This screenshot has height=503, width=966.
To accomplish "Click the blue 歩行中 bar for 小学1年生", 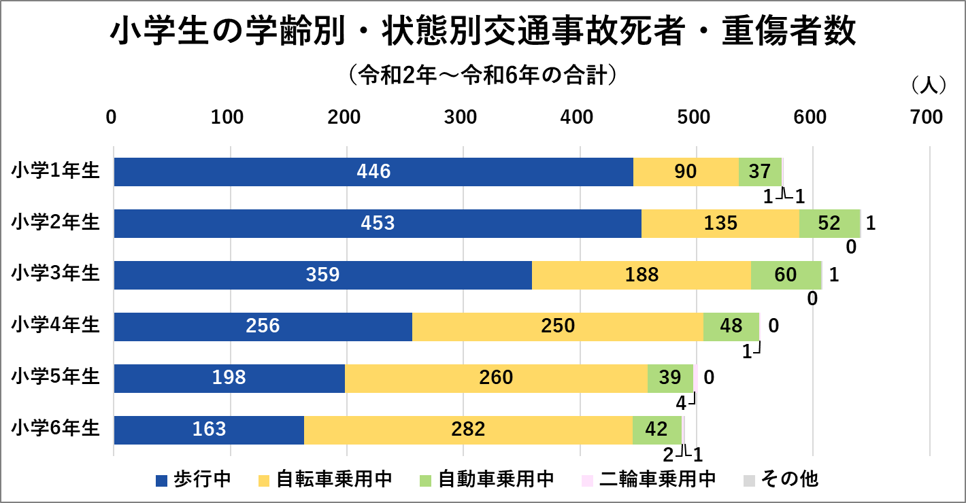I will (x=373, y=172).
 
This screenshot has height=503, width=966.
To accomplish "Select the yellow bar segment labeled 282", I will (x=468, y=430).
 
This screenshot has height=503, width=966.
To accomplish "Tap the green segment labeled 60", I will (x=786, y=275).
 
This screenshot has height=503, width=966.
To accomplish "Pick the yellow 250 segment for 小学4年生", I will (x=558, y=327).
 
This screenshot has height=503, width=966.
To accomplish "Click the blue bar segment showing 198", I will (x=229, y=379).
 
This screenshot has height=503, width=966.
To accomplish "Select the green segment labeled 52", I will (x=829, y=224).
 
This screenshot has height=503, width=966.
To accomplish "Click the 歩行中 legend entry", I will (x=194, y=479).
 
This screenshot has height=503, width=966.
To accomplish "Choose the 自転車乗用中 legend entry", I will (x=325, y=479).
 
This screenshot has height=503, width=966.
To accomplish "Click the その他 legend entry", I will (x=780, y=479).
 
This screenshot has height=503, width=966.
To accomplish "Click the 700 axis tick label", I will (x=928, y=118).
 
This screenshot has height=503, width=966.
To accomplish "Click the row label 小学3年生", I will (x=56, y=274).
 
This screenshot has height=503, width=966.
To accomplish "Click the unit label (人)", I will (x=927, y=84).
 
